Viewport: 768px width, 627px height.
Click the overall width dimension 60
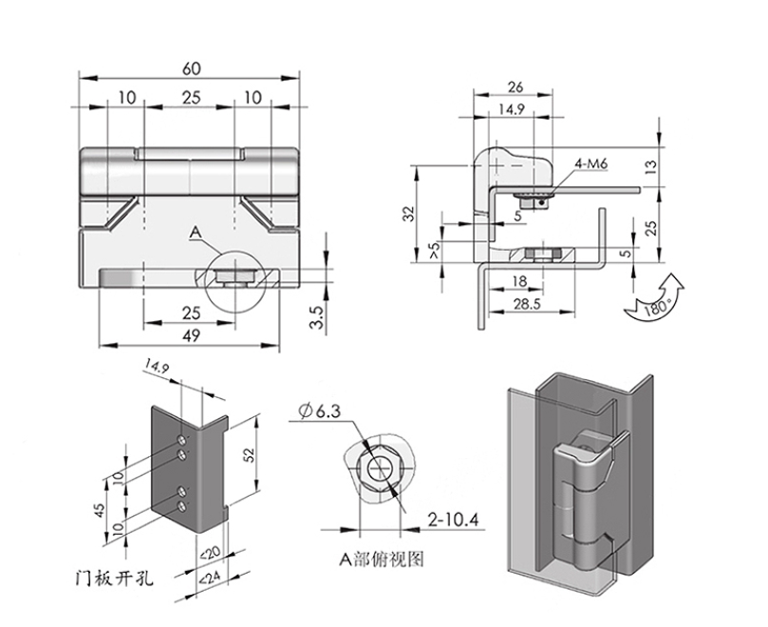[x=190, y=69]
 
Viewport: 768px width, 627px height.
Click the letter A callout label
[x=195, y=231]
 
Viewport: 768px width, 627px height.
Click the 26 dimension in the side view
[x=515, y=86]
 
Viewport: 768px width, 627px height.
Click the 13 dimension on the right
[x=650, y=166]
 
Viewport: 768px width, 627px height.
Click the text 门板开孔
[x=116, y=576]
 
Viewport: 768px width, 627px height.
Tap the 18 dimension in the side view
[x=518, y=281]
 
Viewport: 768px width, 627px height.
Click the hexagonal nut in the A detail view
[x=377, y=469]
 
